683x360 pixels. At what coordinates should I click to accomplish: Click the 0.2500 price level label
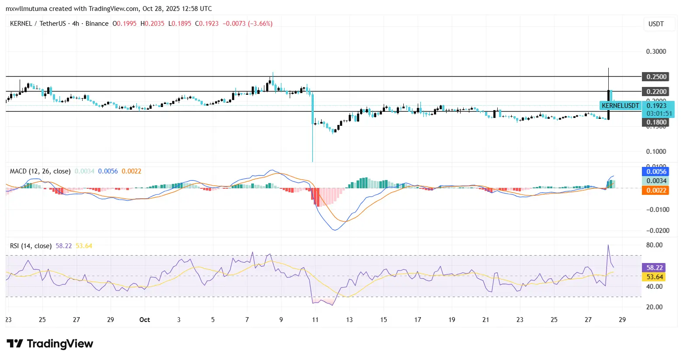[656, 77]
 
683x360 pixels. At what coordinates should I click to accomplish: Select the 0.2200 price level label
[656, 92]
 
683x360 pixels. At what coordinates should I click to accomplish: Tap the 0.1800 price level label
[656, 122]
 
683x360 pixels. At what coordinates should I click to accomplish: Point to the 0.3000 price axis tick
[656, 52]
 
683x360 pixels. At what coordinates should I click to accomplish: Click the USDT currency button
[656, 24]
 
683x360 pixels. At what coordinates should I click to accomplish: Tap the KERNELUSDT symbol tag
[620, 106]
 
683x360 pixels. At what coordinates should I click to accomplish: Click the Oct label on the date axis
[145, 320]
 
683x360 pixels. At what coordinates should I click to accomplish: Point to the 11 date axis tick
[315, 320]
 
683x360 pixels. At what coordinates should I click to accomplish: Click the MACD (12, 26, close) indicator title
[40, 171]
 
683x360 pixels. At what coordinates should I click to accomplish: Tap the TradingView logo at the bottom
[50, 344]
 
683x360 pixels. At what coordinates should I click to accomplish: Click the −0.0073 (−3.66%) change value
[247, 24]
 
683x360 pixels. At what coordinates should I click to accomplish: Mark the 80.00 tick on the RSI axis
[654, 245]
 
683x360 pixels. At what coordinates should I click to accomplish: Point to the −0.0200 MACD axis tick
[657, 231]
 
